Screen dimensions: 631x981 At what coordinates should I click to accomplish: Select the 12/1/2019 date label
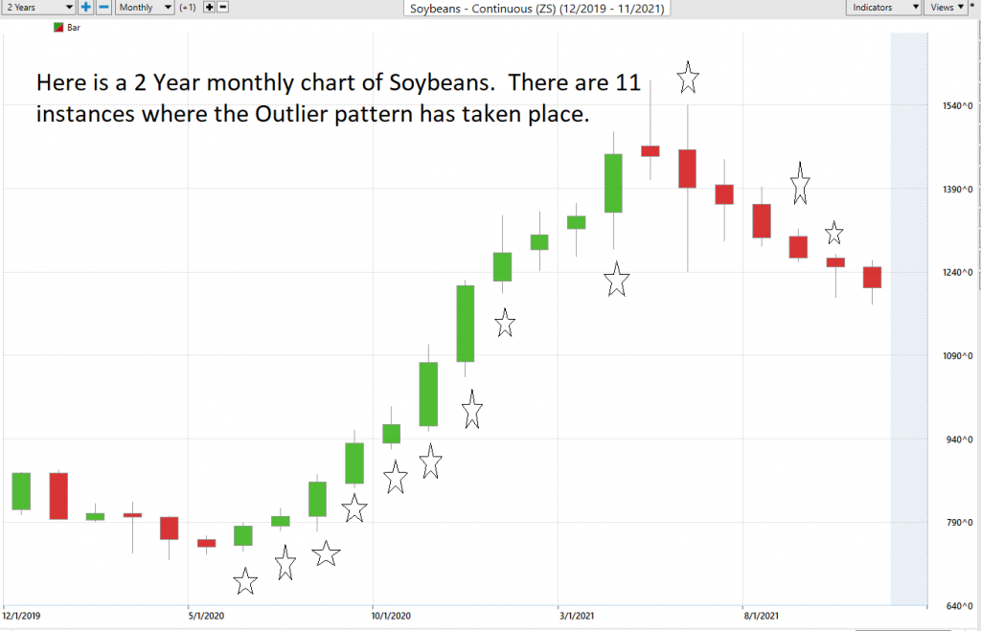click(22, 616)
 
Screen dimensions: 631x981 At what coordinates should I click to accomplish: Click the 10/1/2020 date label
click(392, 616)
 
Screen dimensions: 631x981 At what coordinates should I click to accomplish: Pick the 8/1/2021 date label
click(762, 616)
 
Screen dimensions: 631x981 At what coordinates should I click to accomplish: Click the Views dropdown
click(946, 8)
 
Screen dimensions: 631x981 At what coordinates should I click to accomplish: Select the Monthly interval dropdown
click(145, 8)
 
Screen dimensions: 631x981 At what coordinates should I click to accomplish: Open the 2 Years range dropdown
click(38, 8)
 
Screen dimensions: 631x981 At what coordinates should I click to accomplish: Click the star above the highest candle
click(688, 77)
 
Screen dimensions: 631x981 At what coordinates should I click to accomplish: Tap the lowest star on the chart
click(245, 580)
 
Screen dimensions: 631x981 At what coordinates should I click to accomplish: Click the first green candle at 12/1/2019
click(21, 491)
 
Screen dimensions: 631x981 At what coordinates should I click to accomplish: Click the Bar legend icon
click(57, 29)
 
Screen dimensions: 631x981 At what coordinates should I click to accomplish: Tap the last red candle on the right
click(872, 277)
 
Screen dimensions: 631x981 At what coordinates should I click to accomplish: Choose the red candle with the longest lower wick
click(687, 169)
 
